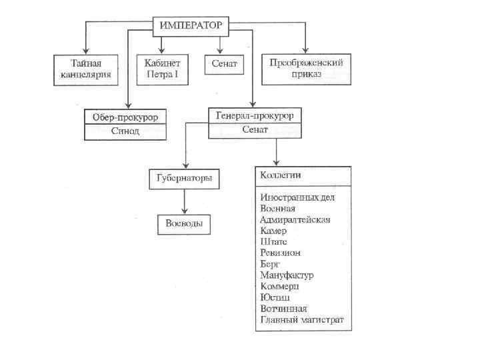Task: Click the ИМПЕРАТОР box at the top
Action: coord(192,25)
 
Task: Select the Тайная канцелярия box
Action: coord(86,69)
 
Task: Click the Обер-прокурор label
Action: coord(125,118)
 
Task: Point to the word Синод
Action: coord(125,131)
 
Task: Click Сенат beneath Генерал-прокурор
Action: coord(254,129)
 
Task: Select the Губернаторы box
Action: coord(184,179)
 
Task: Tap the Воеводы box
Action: coord(184,223)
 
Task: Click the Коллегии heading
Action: coord(280,175)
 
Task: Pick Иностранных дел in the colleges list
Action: coord(297,198)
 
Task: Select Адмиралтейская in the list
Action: coord(295,219)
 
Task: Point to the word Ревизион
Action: coord(280,253)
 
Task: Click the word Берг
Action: coord(271,264)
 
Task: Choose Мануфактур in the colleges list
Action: coord(287,275)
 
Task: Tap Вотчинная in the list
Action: coord(283,309)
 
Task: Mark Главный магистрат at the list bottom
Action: coord(302,320)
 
